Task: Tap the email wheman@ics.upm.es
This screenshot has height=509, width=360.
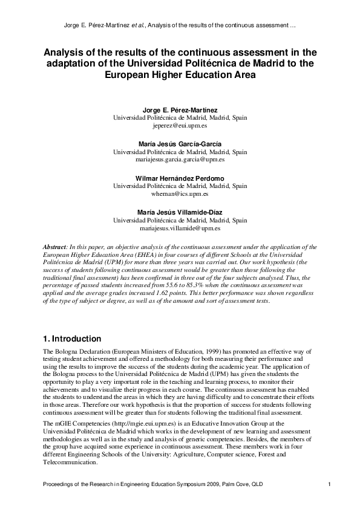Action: pos(180,195)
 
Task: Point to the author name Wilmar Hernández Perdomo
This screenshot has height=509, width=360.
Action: pos(180,179)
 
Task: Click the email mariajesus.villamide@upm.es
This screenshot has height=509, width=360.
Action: pos(180,229)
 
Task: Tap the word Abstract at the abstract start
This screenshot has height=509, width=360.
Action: pos(56,248)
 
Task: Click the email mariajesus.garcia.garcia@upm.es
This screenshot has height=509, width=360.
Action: pos(180,161)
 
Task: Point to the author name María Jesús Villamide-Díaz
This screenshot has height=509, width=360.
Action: pos(180,213)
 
